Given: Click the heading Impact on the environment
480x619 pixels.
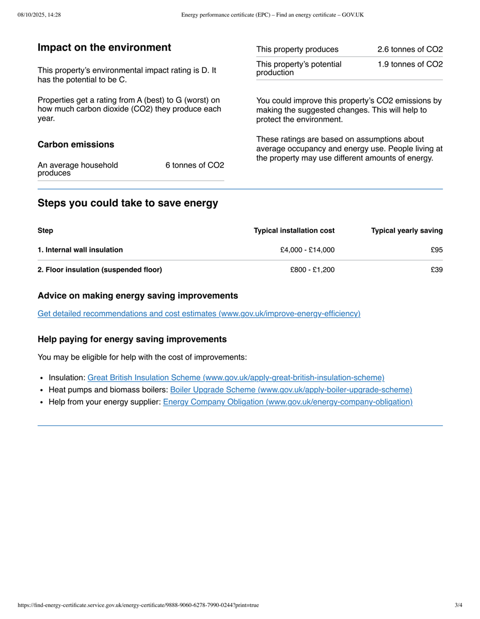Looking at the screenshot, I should pyautogui.click(x=104, y=48).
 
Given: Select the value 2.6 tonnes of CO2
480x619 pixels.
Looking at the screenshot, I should pyautogui.click(x=410, y=50).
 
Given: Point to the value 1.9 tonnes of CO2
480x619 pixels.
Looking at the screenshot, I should pyautogui.click(x=410, y=64).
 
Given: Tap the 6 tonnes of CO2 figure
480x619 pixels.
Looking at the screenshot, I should pyautogui.click(x=195, y=165).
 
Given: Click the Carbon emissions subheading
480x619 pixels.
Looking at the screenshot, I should pyautogui.click(x=76, y=144).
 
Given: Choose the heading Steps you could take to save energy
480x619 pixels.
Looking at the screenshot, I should pyautogui.click(x=127, y=203).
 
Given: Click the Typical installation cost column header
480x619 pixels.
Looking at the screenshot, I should pyautogui.click(x=294, y=231).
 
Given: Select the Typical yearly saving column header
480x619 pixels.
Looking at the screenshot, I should pyautogui.click(x=407, y=231).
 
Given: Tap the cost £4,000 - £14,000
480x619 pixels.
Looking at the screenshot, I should pyautogui.click(x=307, y=250).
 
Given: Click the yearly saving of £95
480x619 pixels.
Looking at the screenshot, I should pyautogui.click(x=437, y=250).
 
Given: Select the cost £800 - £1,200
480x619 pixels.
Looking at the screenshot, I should pyautogui.click(x=312, y=270).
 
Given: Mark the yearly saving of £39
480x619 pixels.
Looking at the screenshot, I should pyautogui.click(x=437, y=270).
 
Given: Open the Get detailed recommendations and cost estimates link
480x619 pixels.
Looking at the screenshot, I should pyautogui.click(x=199, y=314).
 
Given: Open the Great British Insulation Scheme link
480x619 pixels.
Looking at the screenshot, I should pyautogui.click(x=236, y=378).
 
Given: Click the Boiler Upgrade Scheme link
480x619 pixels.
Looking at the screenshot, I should pyautogui.click(x=291, y=390).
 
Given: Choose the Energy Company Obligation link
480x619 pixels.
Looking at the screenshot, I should pyautogui.click(x=287, y=402).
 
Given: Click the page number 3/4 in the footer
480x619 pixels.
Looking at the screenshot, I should pyautogui.click(x=458, y=605).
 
